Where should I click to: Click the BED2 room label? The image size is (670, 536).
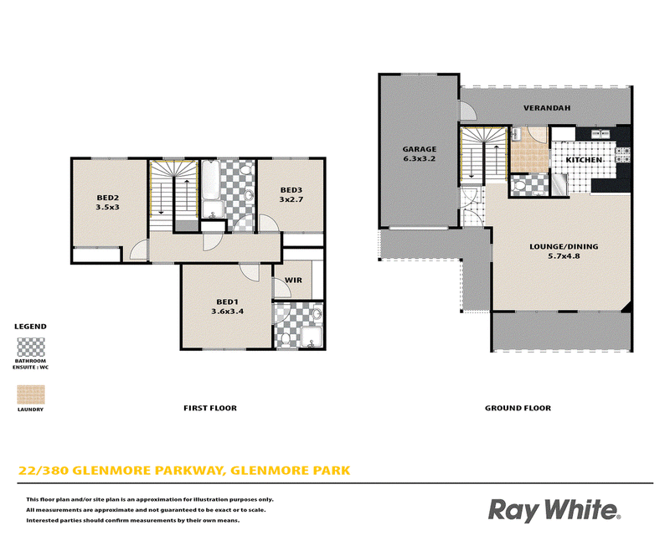coord(108,198)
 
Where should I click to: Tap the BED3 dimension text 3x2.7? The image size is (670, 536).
coord(291,199)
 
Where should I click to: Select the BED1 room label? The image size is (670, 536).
coord(227,301)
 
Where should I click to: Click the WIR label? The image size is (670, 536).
coord(293,281)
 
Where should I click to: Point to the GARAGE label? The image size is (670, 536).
coord(420,149)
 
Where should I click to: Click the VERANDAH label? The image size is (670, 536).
coord(547,108)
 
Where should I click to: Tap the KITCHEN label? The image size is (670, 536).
coord(584,160)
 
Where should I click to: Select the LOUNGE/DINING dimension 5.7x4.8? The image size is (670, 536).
coord(564,256)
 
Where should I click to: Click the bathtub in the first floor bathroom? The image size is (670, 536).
coord(210,180)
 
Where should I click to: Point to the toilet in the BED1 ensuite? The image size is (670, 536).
coord(285,339)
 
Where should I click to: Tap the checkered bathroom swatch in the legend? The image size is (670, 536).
coord(31,347)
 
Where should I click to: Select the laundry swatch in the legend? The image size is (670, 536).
coord(31,394)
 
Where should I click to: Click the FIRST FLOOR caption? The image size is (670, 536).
coord(210,408)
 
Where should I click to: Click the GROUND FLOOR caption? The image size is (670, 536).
coord(518,408)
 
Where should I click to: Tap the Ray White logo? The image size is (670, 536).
coord(554,510)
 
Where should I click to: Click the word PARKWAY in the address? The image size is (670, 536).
coord(190,471)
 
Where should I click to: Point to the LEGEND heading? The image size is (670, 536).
coord(30,327)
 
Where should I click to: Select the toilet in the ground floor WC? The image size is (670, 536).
coord(519,186)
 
